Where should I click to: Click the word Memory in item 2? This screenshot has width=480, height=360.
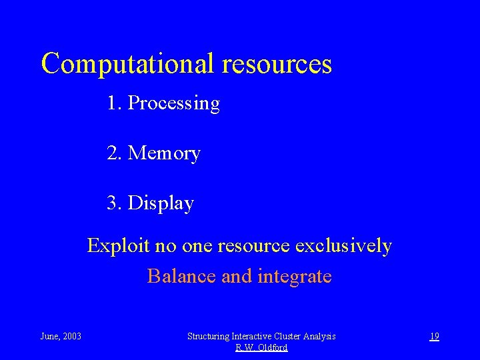point(164,153)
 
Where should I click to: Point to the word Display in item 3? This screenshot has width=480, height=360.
point(161,203)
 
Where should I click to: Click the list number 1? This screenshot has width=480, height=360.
point(113,103)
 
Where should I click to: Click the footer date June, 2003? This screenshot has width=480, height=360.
point(61,336)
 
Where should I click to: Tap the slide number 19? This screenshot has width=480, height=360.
point(434,336)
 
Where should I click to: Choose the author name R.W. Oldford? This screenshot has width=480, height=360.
point(261,347)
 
